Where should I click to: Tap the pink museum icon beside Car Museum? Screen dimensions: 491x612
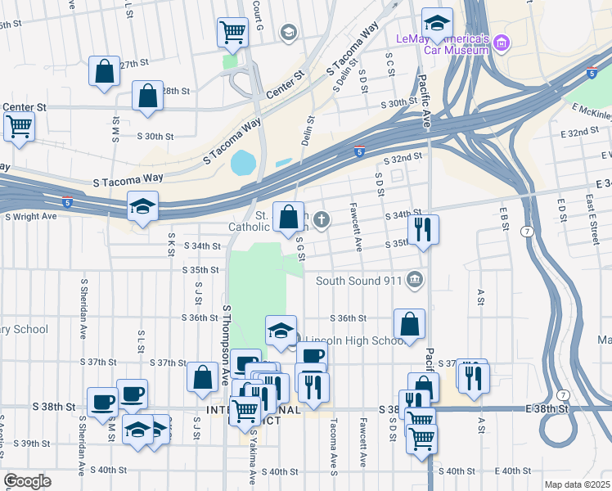(x=502, y=42)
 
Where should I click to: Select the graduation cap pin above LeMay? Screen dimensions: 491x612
(x=437, y=24)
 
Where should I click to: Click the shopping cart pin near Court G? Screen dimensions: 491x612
(x=232, y=33)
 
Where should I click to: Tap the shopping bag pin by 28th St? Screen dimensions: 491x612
(x=146, y=96)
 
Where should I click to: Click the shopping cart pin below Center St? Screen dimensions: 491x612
(x=19, y=127)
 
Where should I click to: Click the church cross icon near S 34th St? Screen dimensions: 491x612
(x=322, y=218)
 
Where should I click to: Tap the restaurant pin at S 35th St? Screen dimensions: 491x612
(x=423, y=228)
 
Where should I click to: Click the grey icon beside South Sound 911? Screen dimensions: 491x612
(x=416, y=281)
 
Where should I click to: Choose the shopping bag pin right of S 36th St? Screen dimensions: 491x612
(x=409, y=323)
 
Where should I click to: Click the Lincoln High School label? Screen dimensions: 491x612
(x=355, y=341)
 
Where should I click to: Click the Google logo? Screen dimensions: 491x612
(x=27, y=481)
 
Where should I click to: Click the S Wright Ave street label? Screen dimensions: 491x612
(x=31, y=216)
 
